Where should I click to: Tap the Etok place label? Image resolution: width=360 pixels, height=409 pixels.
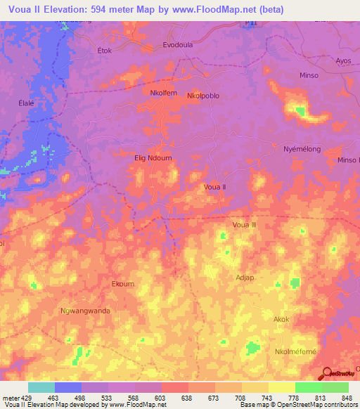[105, 51]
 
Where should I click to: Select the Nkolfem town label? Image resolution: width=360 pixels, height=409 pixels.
[144, 93]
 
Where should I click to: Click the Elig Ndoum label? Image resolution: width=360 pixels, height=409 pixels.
[153, 158]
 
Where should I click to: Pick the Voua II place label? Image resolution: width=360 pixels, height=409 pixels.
[214, 187]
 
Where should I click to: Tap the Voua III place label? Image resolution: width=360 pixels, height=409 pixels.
[245, 225]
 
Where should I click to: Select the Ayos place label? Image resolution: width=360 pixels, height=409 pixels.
[343, 61]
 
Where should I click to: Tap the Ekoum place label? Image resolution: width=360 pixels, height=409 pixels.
[122, 284]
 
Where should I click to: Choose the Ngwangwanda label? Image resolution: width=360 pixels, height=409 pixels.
[86, 311]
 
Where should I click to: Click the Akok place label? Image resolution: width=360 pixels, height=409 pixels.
[281, 318]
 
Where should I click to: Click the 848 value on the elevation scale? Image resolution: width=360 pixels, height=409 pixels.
[347, 396]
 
